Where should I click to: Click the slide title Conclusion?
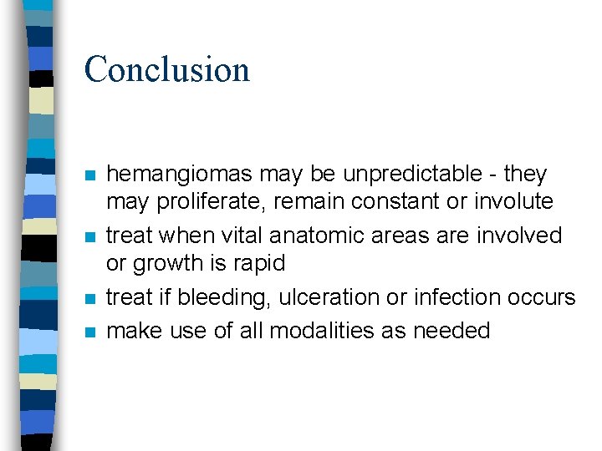click(x=166, y=69)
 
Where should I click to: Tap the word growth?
click(x=171, y=264)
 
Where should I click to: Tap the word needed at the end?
click(x=450, y=331)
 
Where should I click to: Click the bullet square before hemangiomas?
click(x=89, y=176)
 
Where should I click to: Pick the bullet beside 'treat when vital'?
click(x=89, y=237)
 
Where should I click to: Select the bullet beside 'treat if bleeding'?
click(x=89, y=299)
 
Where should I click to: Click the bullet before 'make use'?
click(x=89, y=332)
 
